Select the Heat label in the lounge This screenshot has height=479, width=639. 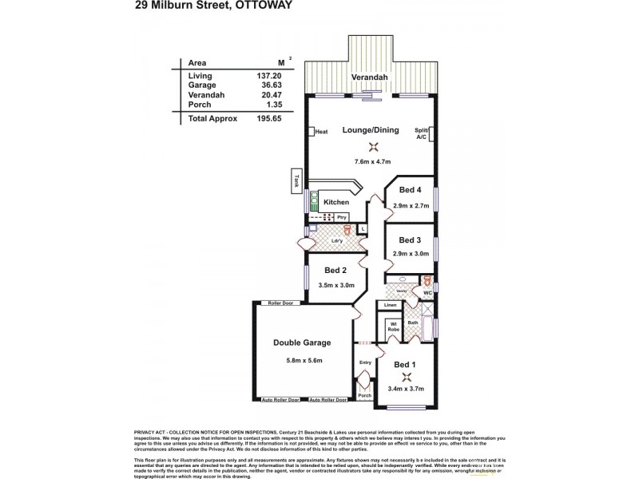pyautogui.click(x=322, y=133)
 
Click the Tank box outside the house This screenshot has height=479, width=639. pyautogui.click(x=296, y=183)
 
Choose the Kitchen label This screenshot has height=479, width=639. pyautogui.click(x=336, y=203)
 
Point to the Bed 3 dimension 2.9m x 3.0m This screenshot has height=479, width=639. pyautogui.click(x=411, y=254)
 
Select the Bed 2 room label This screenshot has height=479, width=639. pyautogui.click(x=335, y=268)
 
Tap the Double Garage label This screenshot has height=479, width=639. pyautogui.click(x=302, y=343)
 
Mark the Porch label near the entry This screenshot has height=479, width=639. pyautogui.click(x=364, y=396)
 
